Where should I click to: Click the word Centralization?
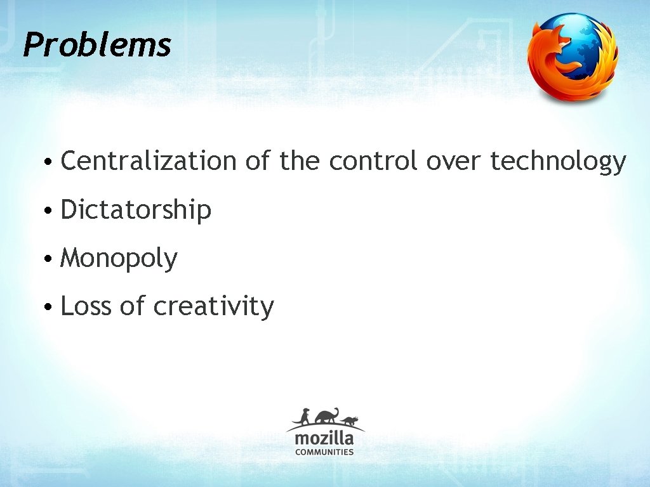pos(148,161)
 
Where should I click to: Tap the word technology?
pos(558,162)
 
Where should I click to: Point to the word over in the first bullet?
pos(453,162)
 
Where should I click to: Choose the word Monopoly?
pos(119,259)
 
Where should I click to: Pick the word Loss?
pos(86,306)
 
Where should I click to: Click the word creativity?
pos(213,307)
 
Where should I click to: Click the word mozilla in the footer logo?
pos(324,439)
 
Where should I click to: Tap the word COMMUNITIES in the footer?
pos(324,452)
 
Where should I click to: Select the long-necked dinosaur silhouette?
pos(326,416)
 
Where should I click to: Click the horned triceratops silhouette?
pos(349,420)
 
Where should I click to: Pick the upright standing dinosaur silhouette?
pos(305,417)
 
